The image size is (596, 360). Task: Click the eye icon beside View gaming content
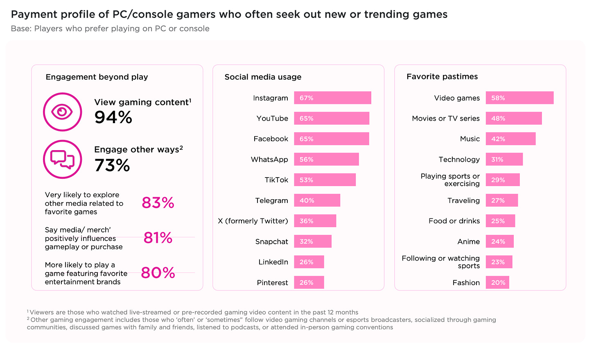point(62,112)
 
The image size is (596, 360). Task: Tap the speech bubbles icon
point(62,159)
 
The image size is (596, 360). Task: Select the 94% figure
point(113,117)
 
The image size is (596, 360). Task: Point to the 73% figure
point(112,165)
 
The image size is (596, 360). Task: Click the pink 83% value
point(158,203)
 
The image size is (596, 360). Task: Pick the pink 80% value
point(158,273)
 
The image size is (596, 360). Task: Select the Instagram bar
point(332,98)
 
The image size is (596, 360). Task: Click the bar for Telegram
point(317,200)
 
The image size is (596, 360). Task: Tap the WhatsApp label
point(269,160)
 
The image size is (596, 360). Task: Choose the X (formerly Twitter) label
point(253,221)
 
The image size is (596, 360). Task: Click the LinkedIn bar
point(309,262)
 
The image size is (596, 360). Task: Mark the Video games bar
point(519,98)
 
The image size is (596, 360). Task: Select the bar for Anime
point(499,241)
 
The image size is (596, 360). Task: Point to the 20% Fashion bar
point(497,282)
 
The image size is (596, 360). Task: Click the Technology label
point(459,160)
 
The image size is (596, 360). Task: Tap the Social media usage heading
point(263,77)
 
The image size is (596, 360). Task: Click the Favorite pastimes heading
point(442,76)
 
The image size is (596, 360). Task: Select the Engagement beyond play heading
point(97,77)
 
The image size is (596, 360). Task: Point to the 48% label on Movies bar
point(498,119)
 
